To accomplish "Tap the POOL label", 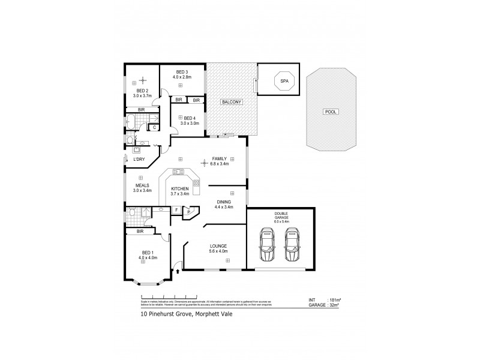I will [x=329, y=112].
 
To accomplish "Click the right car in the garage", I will [x=292, y=245].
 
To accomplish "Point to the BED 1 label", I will [x=148, y=252].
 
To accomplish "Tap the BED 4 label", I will [x=190, y=118].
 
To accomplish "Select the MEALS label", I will [x=142, y=185].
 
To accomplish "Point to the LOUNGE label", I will [x=217, y=245].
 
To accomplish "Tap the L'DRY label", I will [x=139, y=159].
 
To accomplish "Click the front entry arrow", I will [x=177, y=272].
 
